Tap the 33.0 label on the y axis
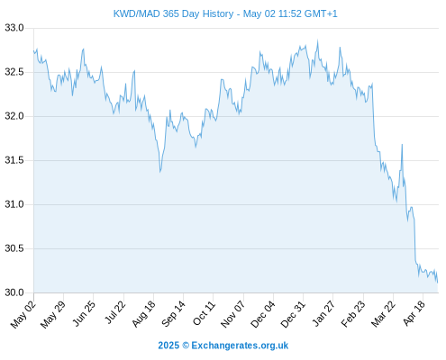(14, 28)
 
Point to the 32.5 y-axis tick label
(14, 72)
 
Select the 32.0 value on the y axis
(14, 116)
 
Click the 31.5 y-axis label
(14, 160)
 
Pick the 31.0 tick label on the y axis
(14, 204)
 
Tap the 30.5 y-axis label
(14, 248)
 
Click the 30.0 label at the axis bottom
(14, 292)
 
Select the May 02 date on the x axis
(23, 314)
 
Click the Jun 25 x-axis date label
(84, 313)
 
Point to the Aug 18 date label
(143, 314)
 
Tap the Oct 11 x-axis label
(204, 313)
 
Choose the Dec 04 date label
(262, 314)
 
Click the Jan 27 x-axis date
(323, 313)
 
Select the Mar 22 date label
(383, 314)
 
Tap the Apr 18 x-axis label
(414, 313)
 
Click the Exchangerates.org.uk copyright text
(223, 346)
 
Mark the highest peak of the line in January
(318, 40)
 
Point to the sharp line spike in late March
(402, 145)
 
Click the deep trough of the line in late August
(160, 172)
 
